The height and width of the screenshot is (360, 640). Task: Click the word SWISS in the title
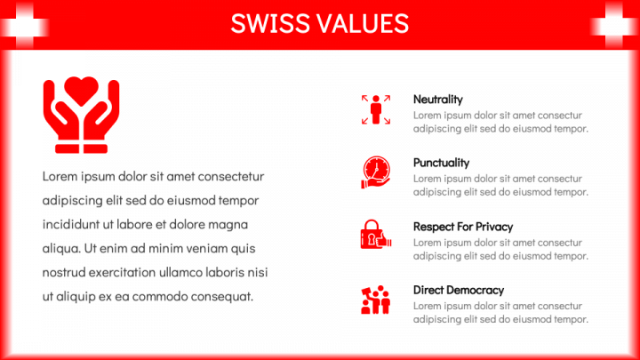[x=270, y=23]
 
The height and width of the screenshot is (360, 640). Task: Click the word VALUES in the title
[x=364, y=23]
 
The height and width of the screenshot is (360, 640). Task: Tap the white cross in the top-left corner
[x=24, y=26]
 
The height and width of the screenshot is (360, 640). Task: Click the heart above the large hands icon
[x=81, y=90]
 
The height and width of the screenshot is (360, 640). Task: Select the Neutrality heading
[x=438, y=100]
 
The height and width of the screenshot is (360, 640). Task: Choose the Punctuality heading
[x=441, y=163]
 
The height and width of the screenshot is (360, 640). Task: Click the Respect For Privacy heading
[x=463, y=227]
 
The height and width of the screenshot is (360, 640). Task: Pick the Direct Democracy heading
[x=459, y=290]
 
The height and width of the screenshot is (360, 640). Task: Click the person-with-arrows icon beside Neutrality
[x=376, y=109]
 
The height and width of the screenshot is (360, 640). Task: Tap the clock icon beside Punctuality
[x=376, y=172]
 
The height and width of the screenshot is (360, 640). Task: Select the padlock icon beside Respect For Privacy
[x=376, y=235]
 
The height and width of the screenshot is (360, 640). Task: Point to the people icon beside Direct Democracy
[x=376, y=300]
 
